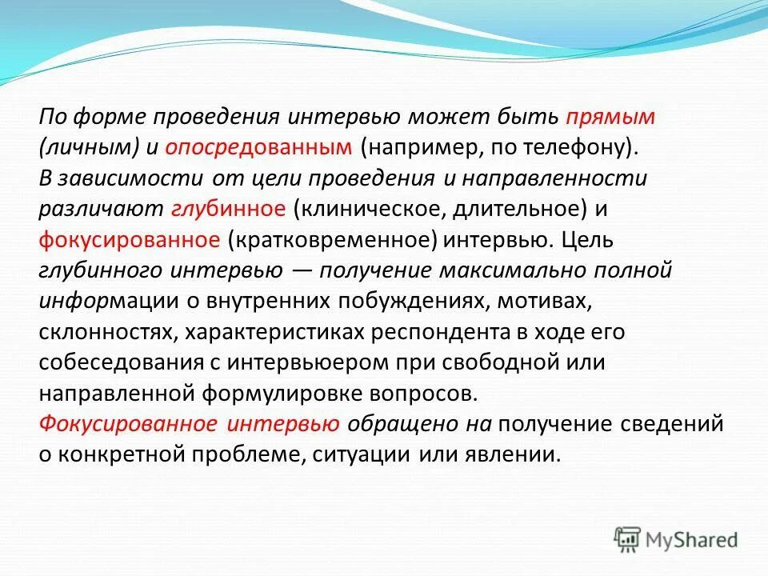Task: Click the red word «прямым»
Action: pos(611,118)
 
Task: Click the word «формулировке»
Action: pos(284,393)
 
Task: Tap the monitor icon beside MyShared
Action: pos(628,539)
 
